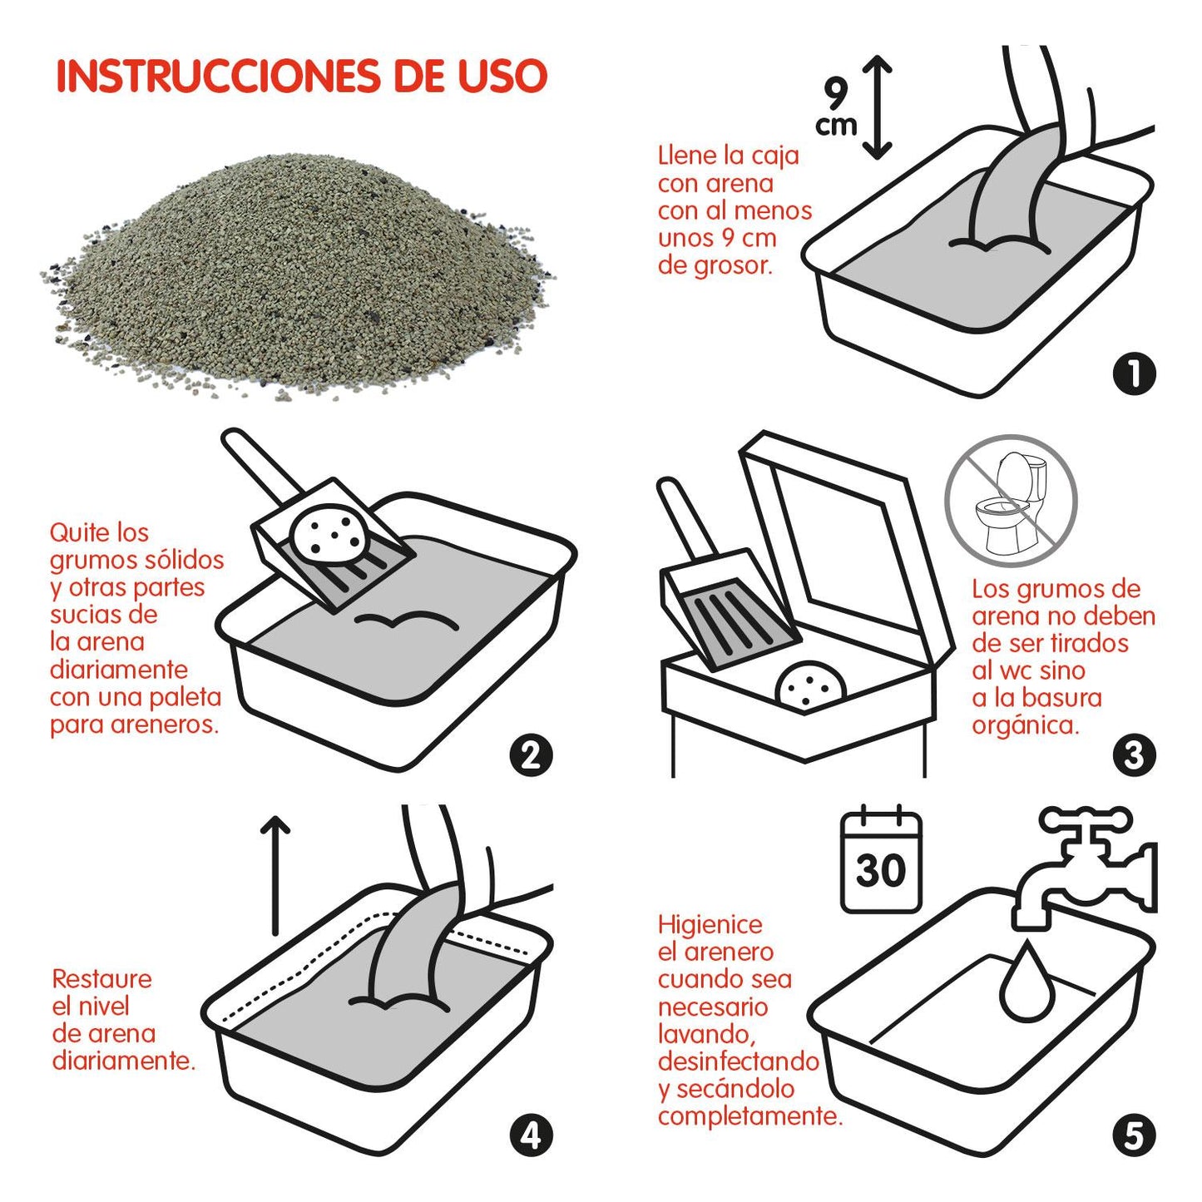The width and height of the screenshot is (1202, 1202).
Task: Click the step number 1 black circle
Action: pos(1134,374)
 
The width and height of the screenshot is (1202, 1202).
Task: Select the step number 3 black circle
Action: pos(1134,755)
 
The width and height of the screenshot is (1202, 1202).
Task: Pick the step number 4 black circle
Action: pos(531,1136)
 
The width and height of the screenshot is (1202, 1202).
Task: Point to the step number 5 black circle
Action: pos(1134,1136)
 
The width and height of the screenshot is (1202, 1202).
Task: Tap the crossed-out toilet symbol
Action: pos(1011,501)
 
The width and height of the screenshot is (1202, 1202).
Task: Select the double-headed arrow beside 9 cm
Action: pos(877,106)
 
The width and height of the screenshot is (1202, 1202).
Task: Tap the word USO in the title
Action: pos(502,77)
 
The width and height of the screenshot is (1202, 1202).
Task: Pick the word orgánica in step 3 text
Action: pos(1025,725)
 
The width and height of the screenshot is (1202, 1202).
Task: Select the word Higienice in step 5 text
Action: pos(710,924)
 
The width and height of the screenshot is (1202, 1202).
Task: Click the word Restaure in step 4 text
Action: pos(101,978)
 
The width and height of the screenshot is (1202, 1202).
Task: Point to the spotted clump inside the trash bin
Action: pos(810,687)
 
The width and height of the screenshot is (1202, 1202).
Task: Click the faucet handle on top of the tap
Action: pos(1086,819)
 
